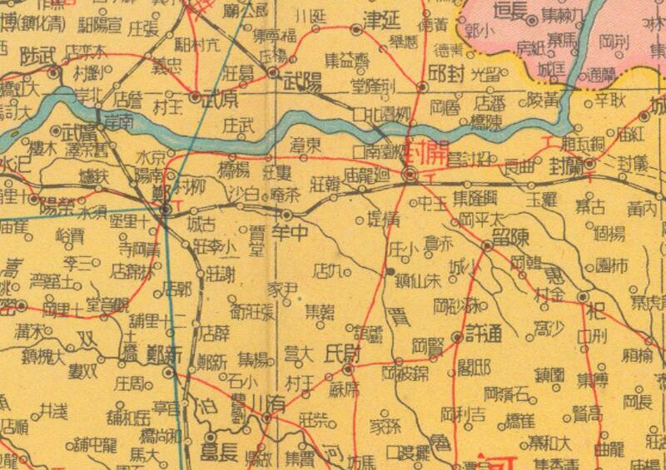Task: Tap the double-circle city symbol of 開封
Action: tap(410, 175)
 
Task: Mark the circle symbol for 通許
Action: tap(457, 337)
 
